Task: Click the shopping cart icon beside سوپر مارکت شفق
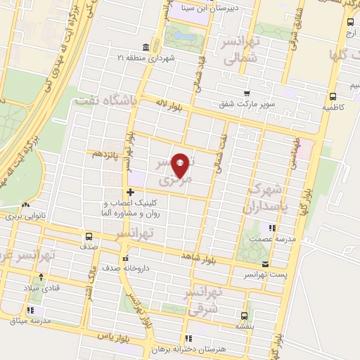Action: click(246, 93)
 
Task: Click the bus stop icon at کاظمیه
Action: click(333, 97)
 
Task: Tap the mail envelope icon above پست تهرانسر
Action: click(264, 264)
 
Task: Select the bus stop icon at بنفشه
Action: click(244, 316)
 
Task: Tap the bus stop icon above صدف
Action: click(89, 236)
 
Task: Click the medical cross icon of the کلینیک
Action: click(130, 191)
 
